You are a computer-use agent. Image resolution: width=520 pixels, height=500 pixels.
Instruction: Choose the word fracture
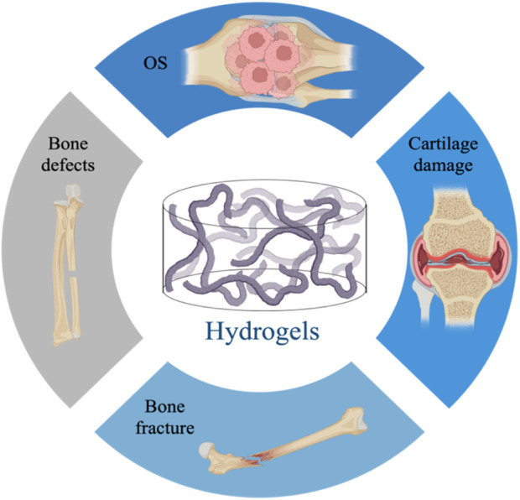point(168,429)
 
